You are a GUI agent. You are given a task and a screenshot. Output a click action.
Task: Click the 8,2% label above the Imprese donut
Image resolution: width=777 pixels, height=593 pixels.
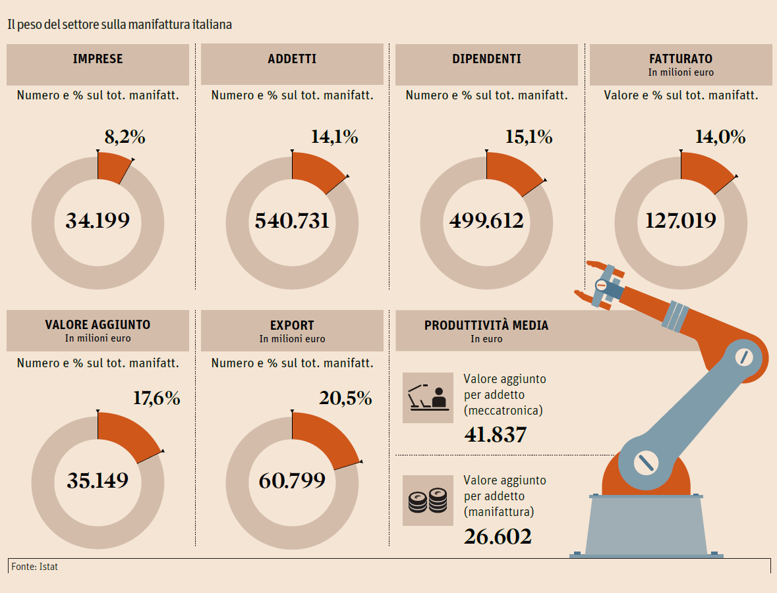pyautogui.click(x=125, y=137)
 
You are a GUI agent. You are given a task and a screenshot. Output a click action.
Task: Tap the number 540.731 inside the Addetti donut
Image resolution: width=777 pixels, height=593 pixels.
pyautogui.click(x=292, y=220)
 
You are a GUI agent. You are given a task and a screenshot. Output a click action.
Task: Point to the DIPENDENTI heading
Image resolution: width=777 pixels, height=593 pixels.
pyautogui.click(x=486, y=59)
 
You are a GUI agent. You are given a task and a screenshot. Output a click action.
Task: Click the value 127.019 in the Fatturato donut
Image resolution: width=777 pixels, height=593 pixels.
pyautogui.click(x=681, y=220)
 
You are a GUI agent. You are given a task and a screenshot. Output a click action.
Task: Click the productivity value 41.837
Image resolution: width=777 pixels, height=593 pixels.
pyautogui.click(x=496, y=435)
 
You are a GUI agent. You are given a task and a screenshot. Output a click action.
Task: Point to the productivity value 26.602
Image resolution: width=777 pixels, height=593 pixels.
pyautogui.click(x=498, y=536)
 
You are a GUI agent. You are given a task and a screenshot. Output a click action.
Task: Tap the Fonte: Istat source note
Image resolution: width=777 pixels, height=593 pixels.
pyautogui.click(x=34, y=566)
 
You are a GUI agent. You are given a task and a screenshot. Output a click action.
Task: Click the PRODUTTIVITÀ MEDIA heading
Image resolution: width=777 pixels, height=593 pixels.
pyautogui.click(x=486, y=325)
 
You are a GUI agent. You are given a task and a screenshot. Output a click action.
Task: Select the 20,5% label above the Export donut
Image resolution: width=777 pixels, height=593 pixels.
pyautogui.click(x=345, y=398)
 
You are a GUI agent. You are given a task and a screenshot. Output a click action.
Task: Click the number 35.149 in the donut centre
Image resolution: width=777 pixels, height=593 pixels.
pyautogui.click(x=98, y=480)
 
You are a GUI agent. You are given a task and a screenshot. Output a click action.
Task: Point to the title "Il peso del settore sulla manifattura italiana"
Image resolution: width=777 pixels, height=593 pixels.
pyautogui.click(x=119, y=25)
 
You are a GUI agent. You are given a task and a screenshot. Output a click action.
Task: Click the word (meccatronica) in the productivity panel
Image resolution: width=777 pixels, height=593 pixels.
pyautogui.click(x=503, y=411)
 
